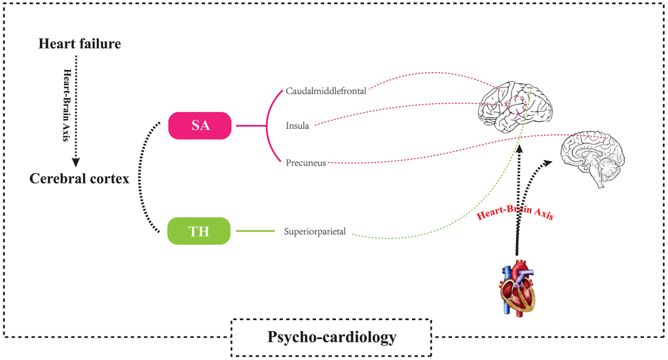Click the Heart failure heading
pyautogui.click(x=79, y=44)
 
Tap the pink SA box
pyautogui.click(x=200, y=125)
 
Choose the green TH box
pyautogui.click(x=199, y=231)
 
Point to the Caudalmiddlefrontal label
pyautogui.click(x=325, y=91)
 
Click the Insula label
pyautogui.click(x=297, y=125)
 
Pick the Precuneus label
pyautogui.click(x=305, y=162)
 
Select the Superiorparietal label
pyautogui.click(x=315, y=231)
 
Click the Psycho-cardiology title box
pyautogui.click(x=331, y=338)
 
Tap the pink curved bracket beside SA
pyautogui.click(x=269, y=125)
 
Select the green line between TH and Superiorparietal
pyautogui.click(x=255, y=231)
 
